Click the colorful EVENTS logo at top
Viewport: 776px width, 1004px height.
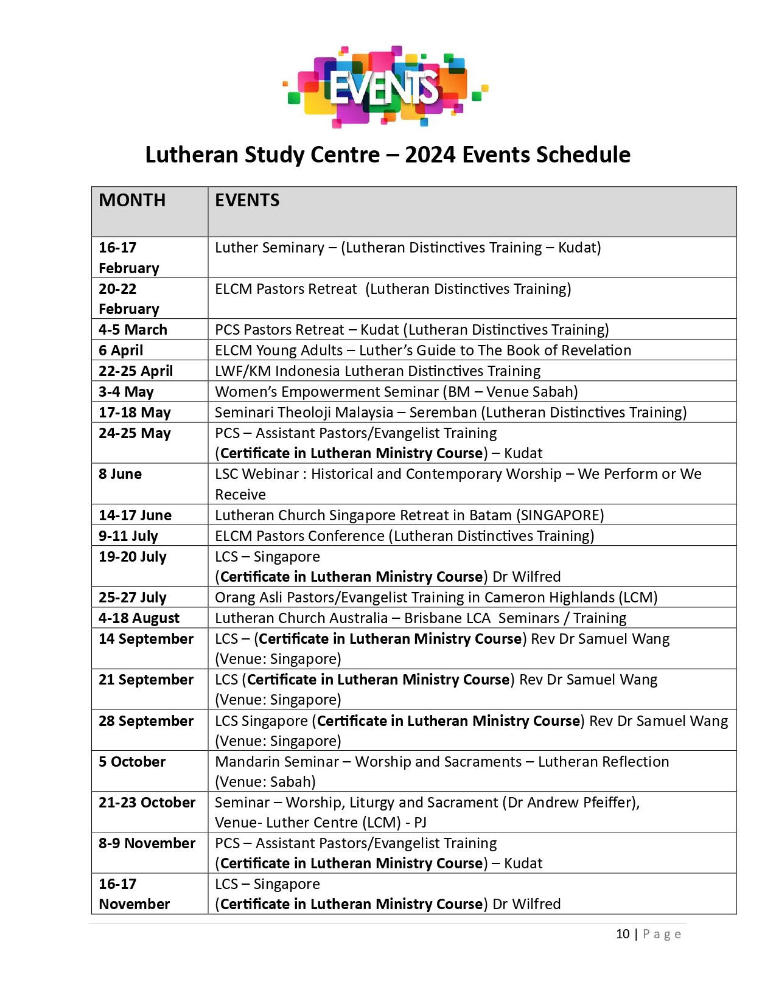point(385,86)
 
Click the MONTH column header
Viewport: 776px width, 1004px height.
point(132,200)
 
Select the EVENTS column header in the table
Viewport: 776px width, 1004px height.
point(247,200)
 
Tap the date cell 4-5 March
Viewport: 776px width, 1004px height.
point(133,330)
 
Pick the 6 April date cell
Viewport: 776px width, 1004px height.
point(121,350)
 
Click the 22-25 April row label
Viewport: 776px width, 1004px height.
point(136,371)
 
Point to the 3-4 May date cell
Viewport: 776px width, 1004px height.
point(126,392)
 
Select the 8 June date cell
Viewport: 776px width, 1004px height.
point(120,474)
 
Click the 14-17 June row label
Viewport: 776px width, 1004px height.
point(135,515)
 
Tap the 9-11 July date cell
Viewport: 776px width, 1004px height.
point(128,536)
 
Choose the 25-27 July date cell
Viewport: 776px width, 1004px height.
point(133,598)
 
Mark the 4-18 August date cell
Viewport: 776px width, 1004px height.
point(139,618)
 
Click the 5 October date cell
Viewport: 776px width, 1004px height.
point(132,762)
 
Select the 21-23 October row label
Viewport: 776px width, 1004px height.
point(147,803)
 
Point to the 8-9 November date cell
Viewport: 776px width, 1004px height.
point(147,843)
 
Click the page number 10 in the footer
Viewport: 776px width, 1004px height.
point(623,934)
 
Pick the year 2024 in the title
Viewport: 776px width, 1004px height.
point(430,155)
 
